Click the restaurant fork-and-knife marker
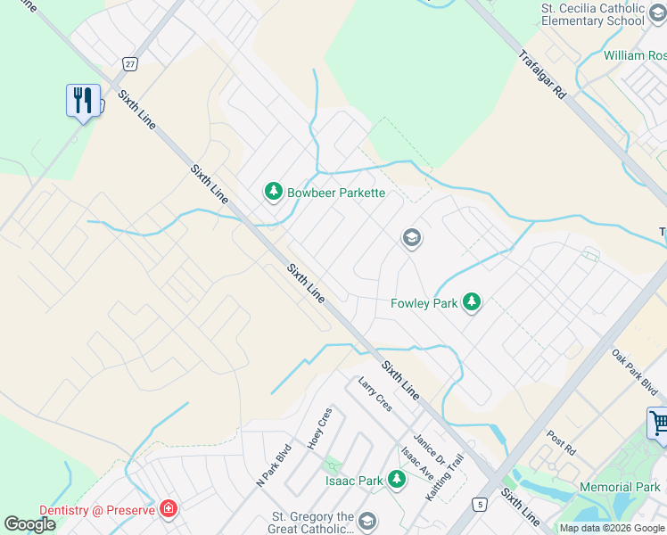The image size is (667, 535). tap(83, 100)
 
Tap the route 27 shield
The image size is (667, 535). tap(130, 63)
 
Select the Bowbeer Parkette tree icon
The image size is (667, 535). tap(272, 192)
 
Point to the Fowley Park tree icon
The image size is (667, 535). tap(472, 303)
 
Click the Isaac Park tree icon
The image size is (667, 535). tap(397, 481)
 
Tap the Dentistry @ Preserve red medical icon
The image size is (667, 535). tap(168, 510)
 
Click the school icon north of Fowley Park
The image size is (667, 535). tap(411, 237)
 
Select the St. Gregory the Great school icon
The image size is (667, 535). tap(366, 521)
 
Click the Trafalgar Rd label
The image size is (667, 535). tap(542, 73)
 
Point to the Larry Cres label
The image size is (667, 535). tap(375, 394)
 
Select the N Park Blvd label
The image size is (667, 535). tap(274, 465)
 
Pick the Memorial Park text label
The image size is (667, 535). tap(620, 487)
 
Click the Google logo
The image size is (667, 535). tap(29, 524)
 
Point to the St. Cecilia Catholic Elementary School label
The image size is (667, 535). tap(593, 14)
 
